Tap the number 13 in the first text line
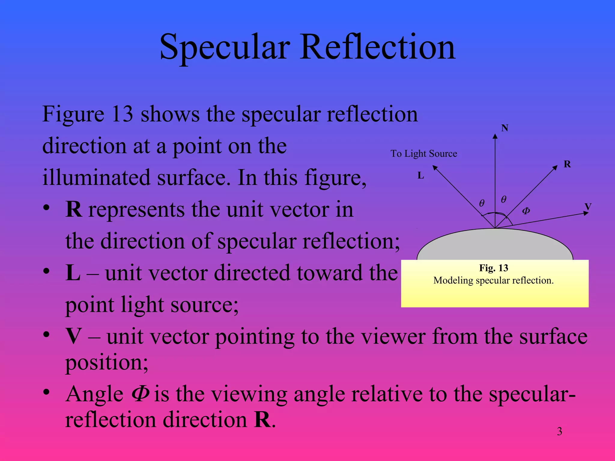click(122, 114)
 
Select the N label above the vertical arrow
click(504, 128)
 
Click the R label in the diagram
click(567, 164)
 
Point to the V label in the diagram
click(588, 206)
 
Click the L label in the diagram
click(421, 176)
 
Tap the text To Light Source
click(423, 154)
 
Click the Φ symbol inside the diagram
click(526, 211)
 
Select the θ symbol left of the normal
click(482, 203)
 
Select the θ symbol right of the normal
click(504, 199)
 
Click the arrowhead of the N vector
click(495, 137)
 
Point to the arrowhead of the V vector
click(586, 213)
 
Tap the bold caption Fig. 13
click(493, 268)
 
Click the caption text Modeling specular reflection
click(493, 280)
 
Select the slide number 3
click(559, 432)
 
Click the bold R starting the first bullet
click(74, 209)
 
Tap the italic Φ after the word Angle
click(140, 394)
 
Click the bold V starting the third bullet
click(74, 336)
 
